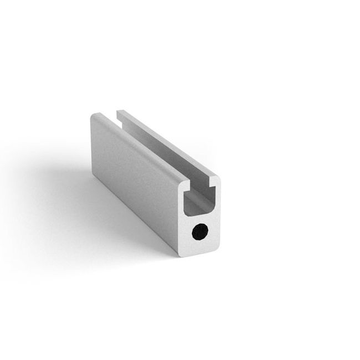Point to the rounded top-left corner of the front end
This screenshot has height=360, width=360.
pos(181,182)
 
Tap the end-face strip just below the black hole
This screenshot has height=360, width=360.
pos(199,246)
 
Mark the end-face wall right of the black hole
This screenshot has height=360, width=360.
pos(213,230)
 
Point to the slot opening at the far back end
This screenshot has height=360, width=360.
pos(117,115)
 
